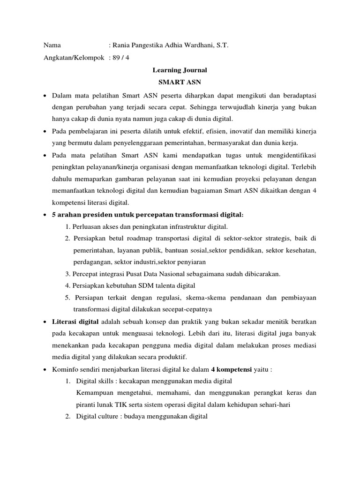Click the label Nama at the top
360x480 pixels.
[x=52, y=45]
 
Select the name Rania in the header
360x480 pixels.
[x=122, y=45]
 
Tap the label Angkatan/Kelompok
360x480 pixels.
[x=74, y=58]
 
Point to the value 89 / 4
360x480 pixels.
[x=120, y=58]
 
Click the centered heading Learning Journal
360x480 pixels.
[x=180, y=70]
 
